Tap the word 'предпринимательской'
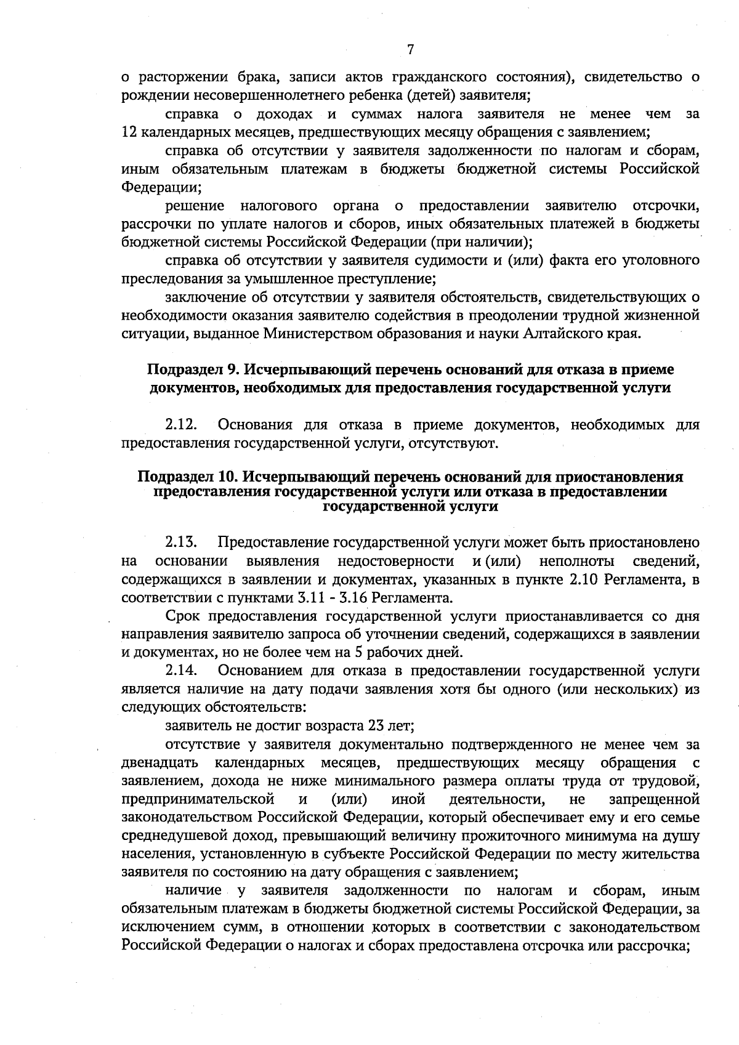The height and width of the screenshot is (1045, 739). pos(198,799)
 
